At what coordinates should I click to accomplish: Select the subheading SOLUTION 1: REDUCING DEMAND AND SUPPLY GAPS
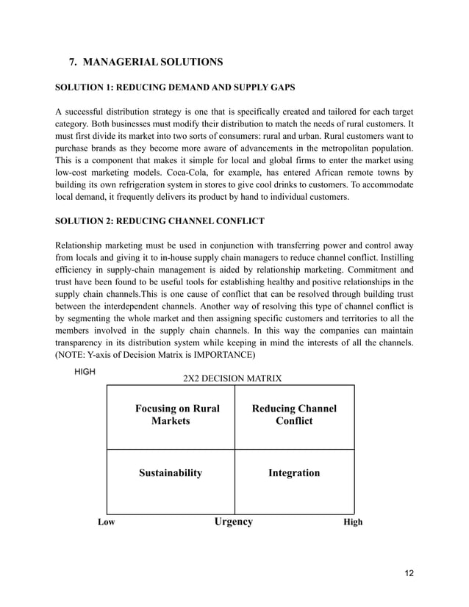coord(176,88)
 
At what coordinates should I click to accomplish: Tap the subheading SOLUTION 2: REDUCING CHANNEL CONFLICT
coord(160,222)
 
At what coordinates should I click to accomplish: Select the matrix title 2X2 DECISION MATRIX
coord(232,378)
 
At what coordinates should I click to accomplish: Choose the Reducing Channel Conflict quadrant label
coord(294,414)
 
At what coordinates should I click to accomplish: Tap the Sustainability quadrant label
coord(171,473)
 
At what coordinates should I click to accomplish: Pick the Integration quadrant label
coord(294,473)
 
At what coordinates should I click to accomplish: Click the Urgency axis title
coord(233,522)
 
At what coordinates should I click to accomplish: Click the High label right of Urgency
coord(353,522)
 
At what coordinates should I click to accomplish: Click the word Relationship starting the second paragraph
coord(83,245)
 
